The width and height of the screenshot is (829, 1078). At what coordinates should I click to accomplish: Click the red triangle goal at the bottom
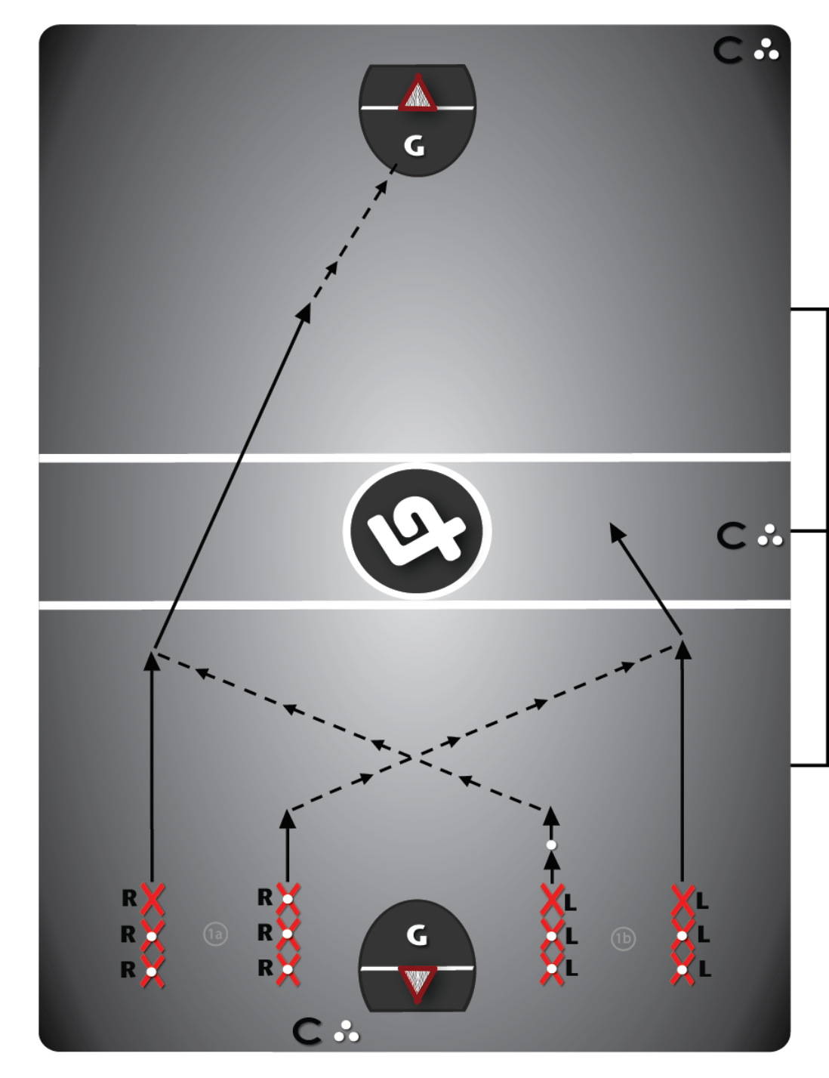(x=418, y=984)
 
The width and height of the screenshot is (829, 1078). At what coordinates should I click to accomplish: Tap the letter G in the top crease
(x=414, y=147)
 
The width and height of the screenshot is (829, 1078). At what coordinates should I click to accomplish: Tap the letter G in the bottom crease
(x=417, y=936)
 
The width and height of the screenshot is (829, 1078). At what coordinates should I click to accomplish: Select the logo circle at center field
(x=417, y=531)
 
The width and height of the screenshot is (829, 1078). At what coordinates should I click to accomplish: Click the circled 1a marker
(x=216, y=934)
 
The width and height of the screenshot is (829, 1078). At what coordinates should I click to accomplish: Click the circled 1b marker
(x=623, y=938)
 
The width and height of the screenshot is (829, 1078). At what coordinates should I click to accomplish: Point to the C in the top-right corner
(x=728, y=51)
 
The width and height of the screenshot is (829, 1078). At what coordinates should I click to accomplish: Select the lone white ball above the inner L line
(x=551, y=845)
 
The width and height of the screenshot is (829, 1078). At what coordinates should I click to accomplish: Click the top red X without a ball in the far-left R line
(x=152, y=899)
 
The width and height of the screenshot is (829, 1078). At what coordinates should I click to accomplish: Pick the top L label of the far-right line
(x=702, y=901)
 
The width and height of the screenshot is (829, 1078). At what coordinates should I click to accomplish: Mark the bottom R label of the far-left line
(x=128, y=969)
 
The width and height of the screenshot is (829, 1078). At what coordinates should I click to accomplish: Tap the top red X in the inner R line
(x=288, y=899)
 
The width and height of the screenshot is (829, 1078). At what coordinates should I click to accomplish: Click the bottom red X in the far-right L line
(x=683, y=969)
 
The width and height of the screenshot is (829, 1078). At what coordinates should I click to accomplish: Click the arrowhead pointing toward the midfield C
(x=618, y=532)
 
